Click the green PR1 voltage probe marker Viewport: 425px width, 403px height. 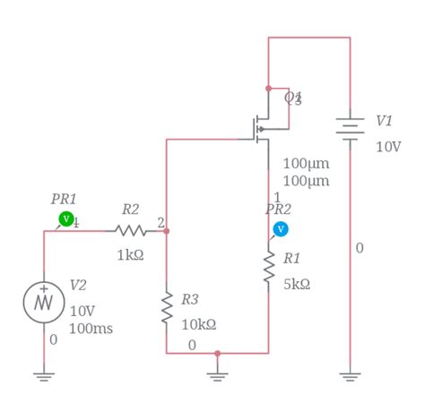tap(65, 219)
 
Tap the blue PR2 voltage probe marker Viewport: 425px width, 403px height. tap(281, 229)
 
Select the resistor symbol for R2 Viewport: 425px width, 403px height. tap(131, 231)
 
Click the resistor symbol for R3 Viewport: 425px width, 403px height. tap(167, 306)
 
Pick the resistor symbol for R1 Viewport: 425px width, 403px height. tap(268, 267)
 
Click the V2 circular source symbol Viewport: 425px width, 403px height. tap(44, 301)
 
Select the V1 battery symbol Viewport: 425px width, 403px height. tap(350, 127)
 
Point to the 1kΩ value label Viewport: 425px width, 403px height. tap(130, 254)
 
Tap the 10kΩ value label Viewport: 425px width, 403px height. tap(199, 324)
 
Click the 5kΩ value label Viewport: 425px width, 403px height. tap(297, 284)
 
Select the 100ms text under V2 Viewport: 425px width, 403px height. tap(91, 329)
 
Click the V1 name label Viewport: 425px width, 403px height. tap(384, 121)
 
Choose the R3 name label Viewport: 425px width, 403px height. tap(189, 299)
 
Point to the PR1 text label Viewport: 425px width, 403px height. tap(64, 199)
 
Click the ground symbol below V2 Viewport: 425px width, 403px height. tap(44, 377)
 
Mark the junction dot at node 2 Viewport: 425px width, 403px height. tap(167, 231)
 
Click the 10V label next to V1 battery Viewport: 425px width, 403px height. tap(388, 146)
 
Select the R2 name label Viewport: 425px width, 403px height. tap(130, 210)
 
